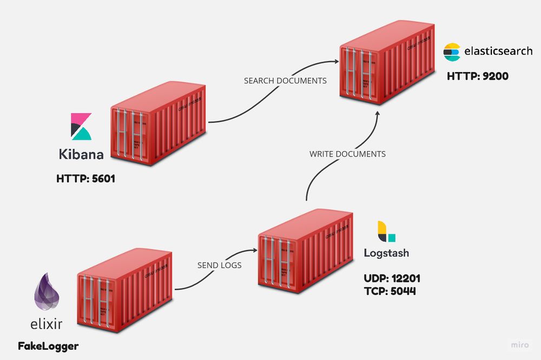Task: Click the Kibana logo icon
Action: (82, 127)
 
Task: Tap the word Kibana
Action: (81, 154)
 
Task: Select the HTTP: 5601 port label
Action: (85, 178)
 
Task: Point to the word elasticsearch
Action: (498, 51)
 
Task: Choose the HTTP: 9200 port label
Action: (477, 76)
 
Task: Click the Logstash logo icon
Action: (386, 232)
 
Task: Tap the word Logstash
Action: (386, 253)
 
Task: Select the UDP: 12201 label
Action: (392, 279)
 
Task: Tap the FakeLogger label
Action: (48, 345)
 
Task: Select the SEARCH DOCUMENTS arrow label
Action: (285, 81)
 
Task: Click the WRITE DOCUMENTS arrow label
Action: (347, 154)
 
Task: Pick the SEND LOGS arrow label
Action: (219, 265)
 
